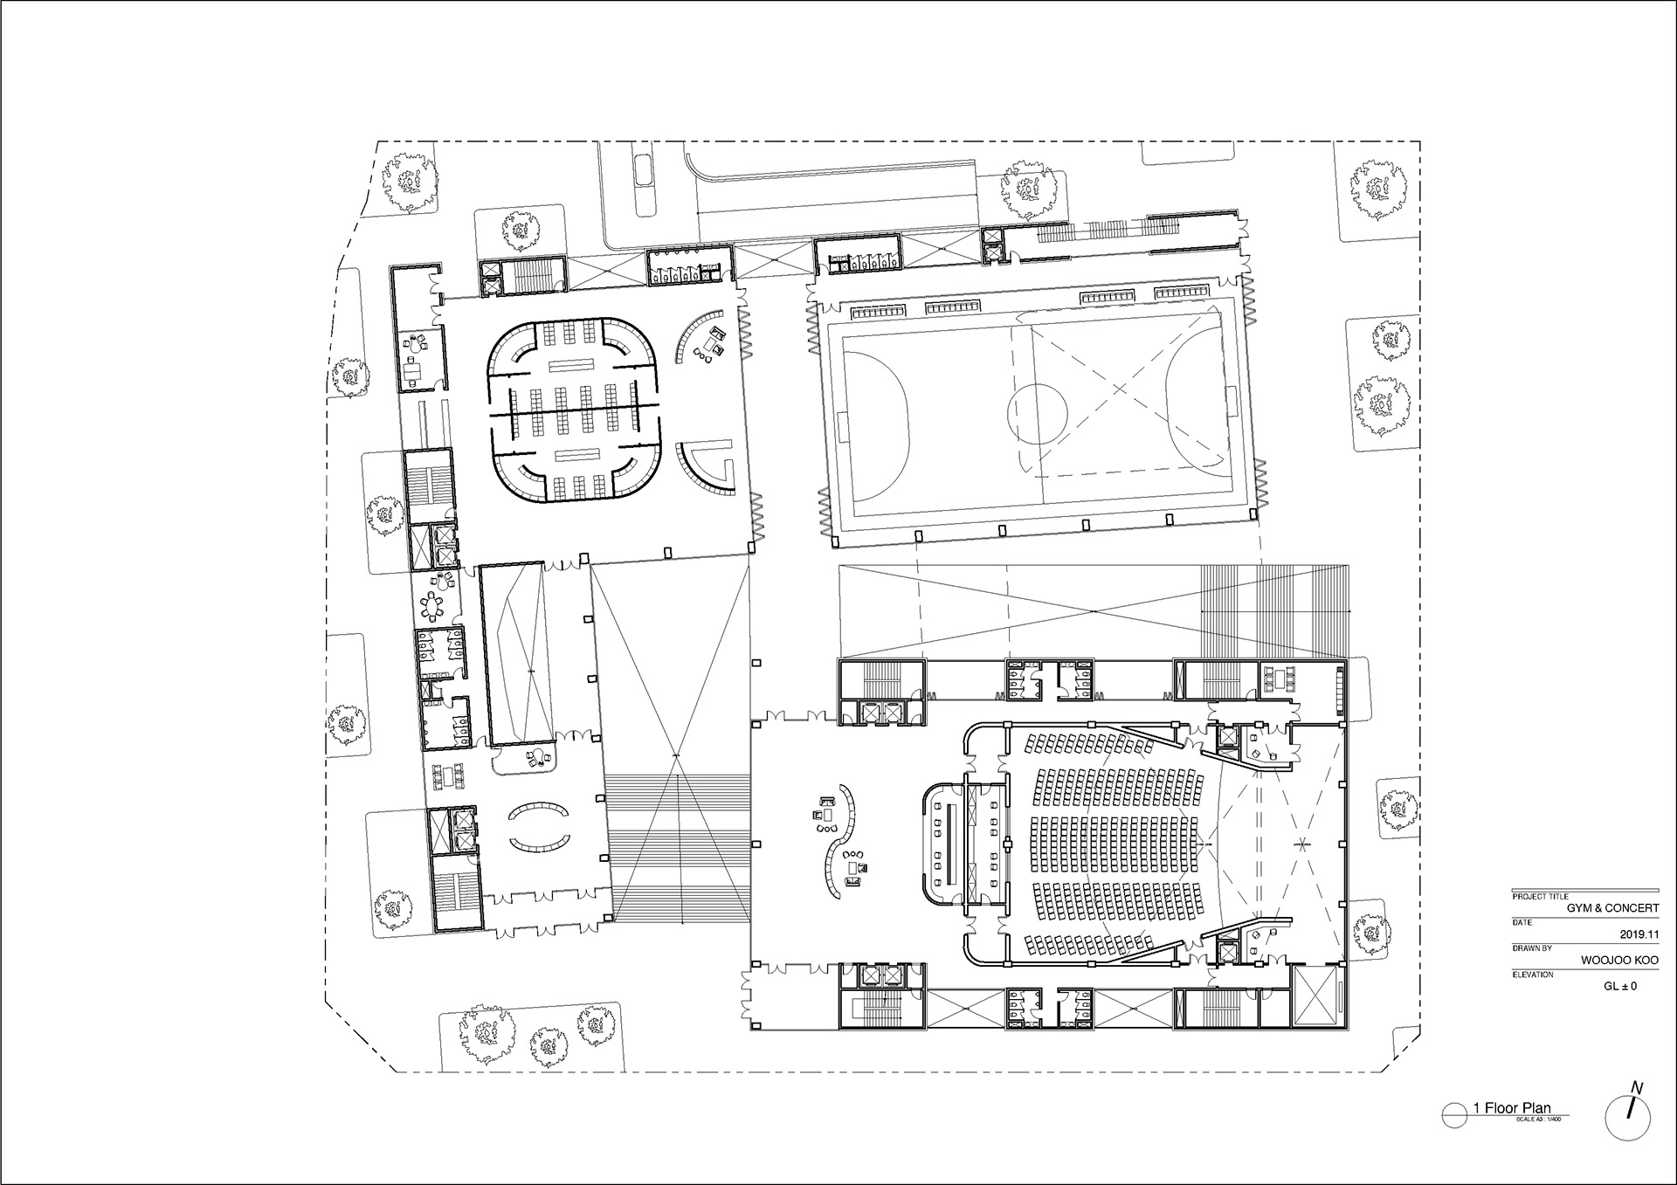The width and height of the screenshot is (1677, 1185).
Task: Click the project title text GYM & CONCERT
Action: [1612, 908]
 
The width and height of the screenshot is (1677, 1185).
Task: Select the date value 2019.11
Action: [1639, 934]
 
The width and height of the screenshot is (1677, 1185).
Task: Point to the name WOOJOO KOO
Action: [1619, 960]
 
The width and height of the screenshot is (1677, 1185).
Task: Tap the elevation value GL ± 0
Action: [1620, 986]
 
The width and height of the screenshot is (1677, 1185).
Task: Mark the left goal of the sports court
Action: [842, 428]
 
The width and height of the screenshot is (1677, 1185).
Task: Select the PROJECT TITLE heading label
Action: [1539, 897]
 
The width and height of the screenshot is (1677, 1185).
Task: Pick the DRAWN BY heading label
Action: [1532, 947]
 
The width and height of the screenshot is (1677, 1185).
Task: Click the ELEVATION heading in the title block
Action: [1533, 974]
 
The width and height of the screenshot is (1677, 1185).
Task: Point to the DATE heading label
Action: [1522, 922]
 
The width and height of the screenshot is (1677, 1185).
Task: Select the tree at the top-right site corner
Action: [1380, 189]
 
